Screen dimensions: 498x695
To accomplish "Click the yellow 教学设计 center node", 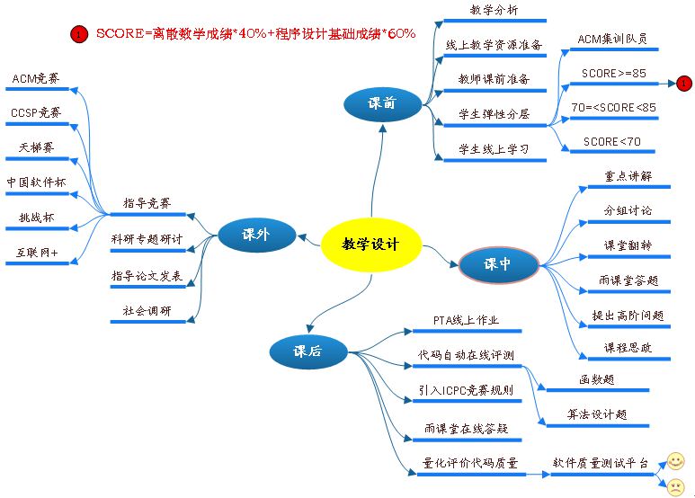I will point(370,245).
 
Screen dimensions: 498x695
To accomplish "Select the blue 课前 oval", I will point(382,104).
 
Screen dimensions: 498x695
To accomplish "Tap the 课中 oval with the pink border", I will point(498,265).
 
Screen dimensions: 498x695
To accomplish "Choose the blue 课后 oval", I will point(307,352).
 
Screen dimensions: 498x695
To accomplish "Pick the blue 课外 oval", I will point(256,236).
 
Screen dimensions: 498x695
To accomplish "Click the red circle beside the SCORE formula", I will point(79,35).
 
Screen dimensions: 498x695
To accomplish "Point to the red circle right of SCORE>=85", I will point(683,84).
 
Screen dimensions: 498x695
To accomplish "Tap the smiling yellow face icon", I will point(674,462).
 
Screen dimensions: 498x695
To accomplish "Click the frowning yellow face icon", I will point(674,487).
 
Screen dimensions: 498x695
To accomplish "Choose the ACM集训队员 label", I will point(611,40).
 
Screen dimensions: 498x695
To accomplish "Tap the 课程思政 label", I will point(628,348).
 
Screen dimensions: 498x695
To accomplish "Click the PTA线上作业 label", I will point(466,320).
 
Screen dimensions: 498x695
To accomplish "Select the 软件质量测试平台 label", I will point(600,463).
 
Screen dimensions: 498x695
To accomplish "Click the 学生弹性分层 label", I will point(494,114).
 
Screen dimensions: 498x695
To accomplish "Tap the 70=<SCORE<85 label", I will point(613,108).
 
